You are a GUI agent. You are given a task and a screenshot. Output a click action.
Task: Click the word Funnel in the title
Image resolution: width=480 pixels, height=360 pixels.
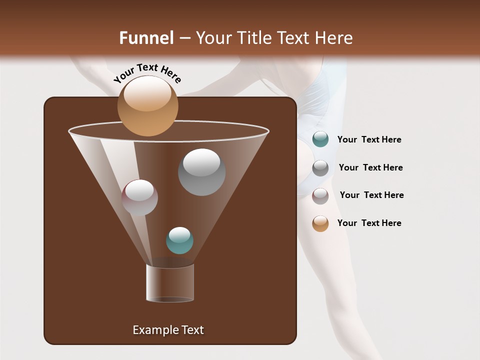coord(146,38)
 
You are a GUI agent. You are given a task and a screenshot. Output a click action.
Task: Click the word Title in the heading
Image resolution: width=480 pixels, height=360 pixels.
coord(254,38)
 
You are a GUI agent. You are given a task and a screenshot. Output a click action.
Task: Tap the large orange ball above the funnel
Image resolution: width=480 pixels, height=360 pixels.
coord(147,106)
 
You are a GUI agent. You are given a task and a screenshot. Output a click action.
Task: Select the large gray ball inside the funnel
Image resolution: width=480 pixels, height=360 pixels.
coord(201,172)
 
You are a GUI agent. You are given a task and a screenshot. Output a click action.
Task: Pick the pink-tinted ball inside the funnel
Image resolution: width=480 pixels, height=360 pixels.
coord(139,197)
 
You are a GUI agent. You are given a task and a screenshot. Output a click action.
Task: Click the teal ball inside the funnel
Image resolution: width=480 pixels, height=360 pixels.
coord(179,240)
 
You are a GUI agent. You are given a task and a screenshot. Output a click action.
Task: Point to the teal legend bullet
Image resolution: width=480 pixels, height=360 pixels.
coord(320,139)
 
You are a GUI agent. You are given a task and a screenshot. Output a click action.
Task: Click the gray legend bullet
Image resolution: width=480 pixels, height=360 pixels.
coord(320,167)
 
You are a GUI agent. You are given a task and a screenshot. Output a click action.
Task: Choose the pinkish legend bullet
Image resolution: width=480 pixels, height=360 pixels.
coord(320,195)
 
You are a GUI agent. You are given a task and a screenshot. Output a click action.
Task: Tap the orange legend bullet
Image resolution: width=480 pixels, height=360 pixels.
coord(320,223)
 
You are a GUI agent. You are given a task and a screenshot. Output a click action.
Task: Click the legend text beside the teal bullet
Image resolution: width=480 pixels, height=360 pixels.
coord(369,139)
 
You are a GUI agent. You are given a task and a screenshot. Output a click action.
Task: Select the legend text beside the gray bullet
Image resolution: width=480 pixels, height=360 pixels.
coord(370,167)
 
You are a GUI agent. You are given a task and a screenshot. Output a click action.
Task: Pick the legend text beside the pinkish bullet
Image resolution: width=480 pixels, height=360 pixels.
coord(371,195)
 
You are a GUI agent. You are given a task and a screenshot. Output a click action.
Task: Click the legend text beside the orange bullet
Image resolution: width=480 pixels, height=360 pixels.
coord(369,223)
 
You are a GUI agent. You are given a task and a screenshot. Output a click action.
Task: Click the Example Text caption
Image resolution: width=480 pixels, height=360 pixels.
coord(168,330)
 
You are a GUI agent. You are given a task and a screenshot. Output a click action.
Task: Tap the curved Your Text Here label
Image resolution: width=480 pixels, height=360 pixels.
coord(147,73)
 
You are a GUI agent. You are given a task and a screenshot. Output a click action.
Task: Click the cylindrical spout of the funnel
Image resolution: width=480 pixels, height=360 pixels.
coord(170,282)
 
